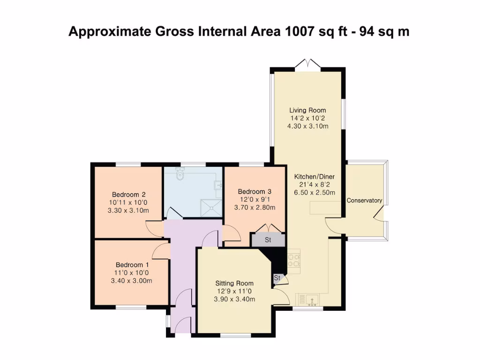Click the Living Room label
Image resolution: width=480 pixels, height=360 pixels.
(x=307, y=111)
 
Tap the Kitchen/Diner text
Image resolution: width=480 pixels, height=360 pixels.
(x=315, y=176)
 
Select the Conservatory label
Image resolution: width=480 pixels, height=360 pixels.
(x=364, y=201)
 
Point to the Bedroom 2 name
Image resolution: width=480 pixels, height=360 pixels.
(x=128, y=195)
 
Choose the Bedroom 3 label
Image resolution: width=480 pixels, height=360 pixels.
(x=255, y=191)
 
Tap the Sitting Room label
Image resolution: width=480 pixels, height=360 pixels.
(x=234, y=283)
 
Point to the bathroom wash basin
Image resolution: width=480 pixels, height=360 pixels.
(x=217, y=186)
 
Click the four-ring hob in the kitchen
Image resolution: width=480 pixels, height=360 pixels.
(x=293, y=260)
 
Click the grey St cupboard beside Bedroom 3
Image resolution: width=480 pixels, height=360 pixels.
(x=268, y=240)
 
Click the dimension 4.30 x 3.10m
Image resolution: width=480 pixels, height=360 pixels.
(x=307, y=126)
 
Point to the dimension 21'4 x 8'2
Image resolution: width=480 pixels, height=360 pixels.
(x=315, y=184)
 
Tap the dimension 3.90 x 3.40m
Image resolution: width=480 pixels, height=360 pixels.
(x=234, y=299)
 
